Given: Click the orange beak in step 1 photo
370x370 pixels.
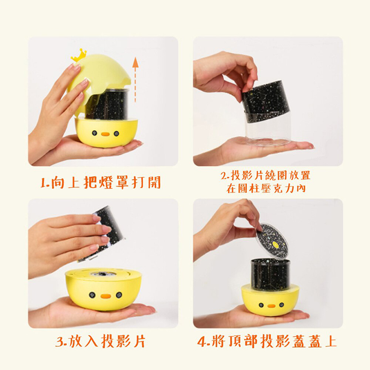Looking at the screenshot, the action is [x=105, y=134].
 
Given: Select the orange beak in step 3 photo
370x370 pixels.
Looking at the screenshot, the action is [x=106, y=296].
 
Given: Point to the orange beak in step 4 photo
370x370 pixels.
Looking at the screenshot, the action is [x=271, y=306].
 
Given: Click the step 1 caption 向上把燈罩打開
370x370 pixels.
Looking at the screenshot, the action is [x=101, y=182].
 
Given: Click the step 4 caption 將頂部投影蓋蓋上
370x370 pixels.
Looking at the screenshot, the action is [x=267, y=341].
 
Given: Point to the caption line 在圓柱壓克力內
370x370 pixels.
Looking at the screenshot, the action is [x=266, y=188].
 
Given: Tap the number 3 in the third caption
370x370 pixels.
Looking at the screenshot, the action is [x=60, y=342].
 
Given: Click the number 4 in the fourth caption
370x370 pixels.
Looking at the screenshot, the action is [x=202, y=342].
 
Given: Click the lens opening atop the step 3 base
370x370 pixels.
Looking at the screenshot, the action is [x=103, y=274].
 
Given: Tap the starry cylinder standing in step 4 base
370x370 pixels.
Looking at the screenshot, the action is [x=270, y=274].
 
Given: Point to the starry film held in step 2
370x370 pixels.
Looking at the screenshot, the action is [x=266, y=98].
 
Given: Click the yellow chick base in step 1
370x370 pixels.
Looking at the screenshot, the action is [x=106, y=132].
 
